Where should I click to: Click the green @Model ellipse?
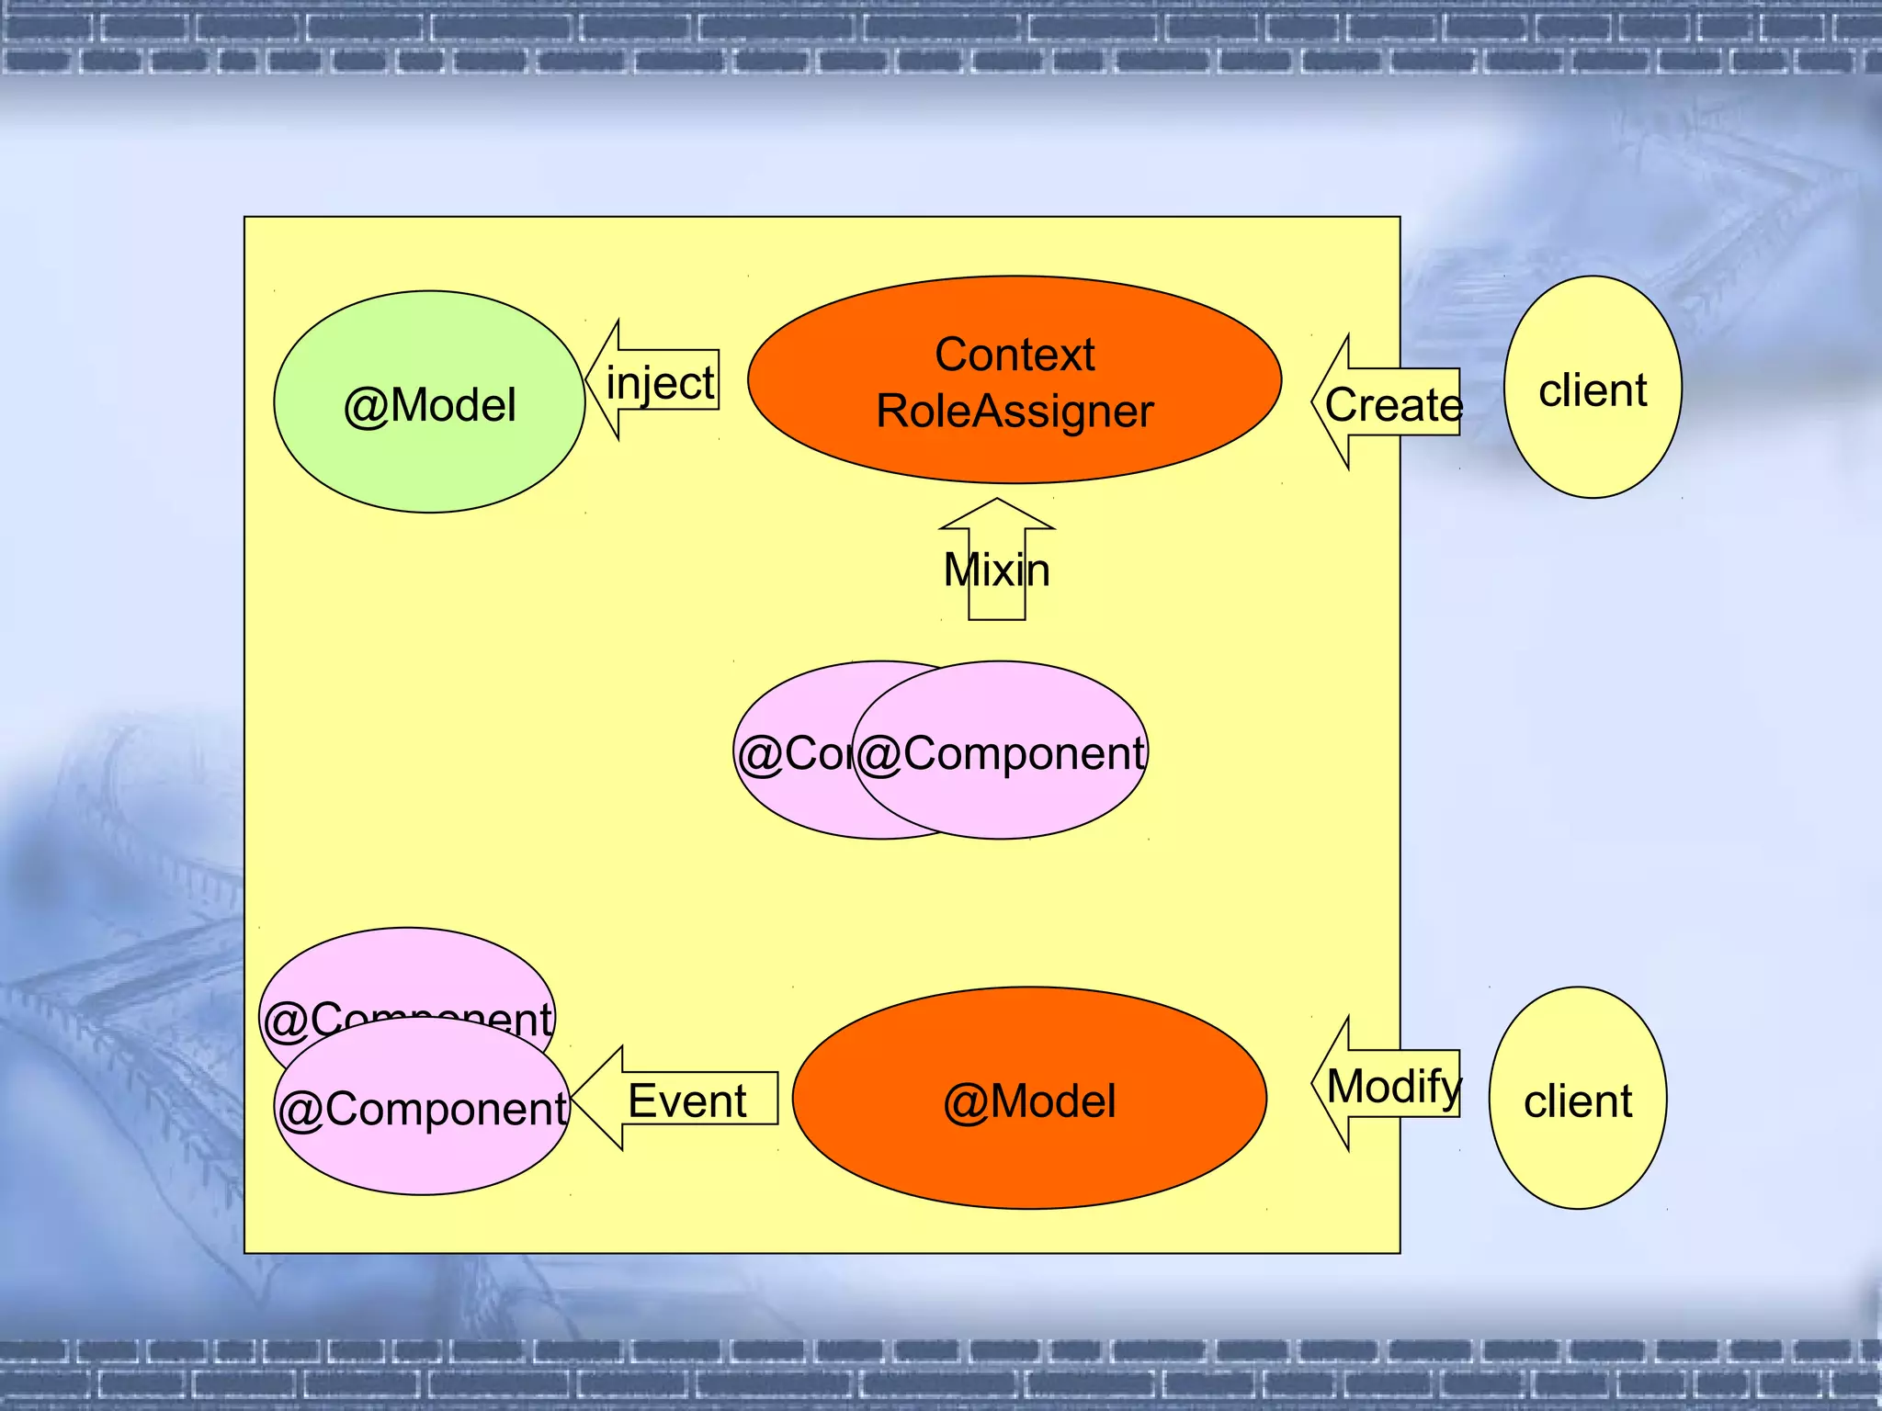[429, 402]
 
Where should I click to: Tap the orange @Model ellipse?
[1029, 1099]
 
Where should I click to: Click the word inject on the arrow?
[660, 383]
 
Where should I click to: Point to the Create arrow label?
[1393, 405]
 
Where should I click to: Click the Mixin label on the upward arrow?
[997, 570]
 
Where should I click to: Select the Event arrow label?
[686, 1101]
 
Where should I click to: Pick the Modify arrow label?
[1394, 1087]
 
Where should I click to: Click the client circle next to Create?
[1593, 388]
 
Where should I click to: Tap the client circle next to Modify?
[1577, 1099]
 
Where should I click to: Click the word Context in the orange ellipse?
[1015, 355]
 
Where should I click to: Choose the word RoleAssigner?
[1015, 411]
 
